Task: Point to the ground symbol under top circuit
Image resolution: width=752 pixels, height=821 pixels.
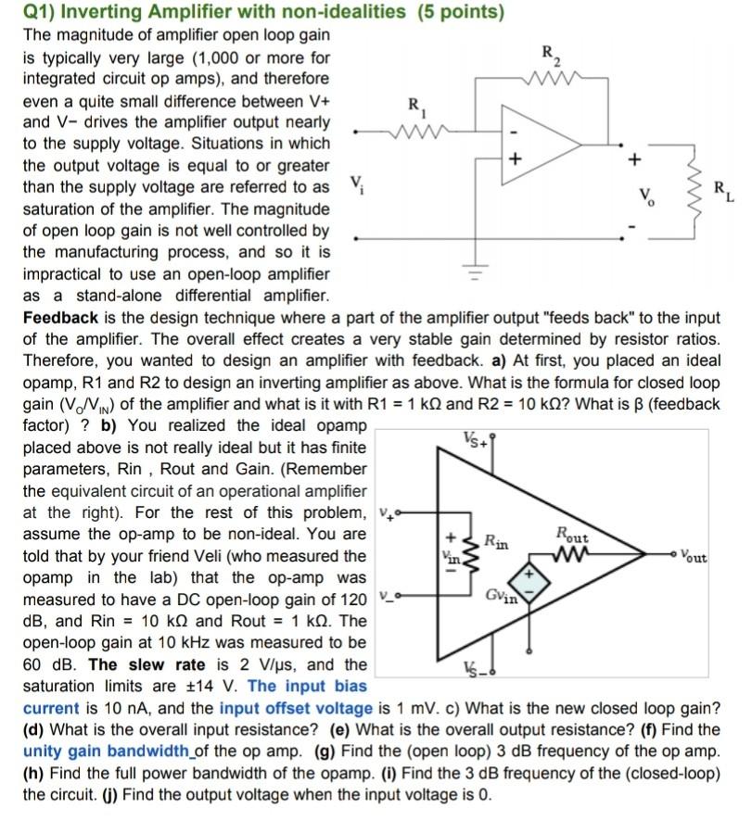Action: tap(476, 273)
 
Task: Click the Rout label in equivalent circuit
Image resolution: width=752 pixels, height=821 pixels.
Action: tap(572, 534)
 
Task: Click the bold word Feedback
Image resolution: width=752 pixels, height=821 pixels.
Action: tap(57, 318)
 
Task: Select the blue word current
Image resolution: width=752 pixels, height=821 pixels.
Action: tap(51, 708)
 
